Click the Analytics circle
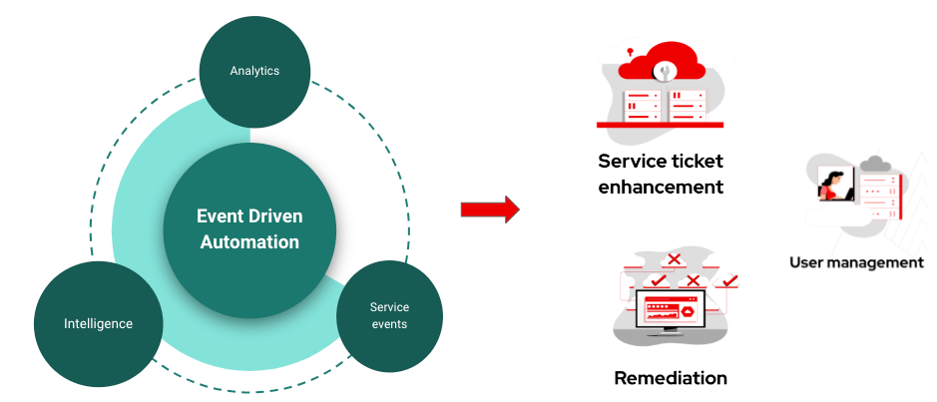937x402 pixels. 254,71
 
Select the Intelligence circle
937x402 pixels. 98,324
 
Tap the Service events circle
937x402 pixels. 389,314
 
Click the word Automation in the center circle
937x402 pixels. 249,242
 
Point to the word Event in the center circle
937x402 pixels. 219,216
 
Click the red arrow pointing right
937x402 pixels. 490,209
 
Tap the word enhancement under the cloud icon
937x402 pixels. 661,187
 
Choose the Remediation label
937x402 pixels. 671,378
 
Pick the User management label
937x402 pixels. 856,262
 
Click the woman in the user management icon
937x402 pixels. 831,186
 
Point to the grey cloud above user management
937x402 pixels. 874,164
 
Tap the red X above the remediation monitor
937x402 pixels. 674,259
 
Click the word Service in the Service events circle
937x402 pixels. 389,306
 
